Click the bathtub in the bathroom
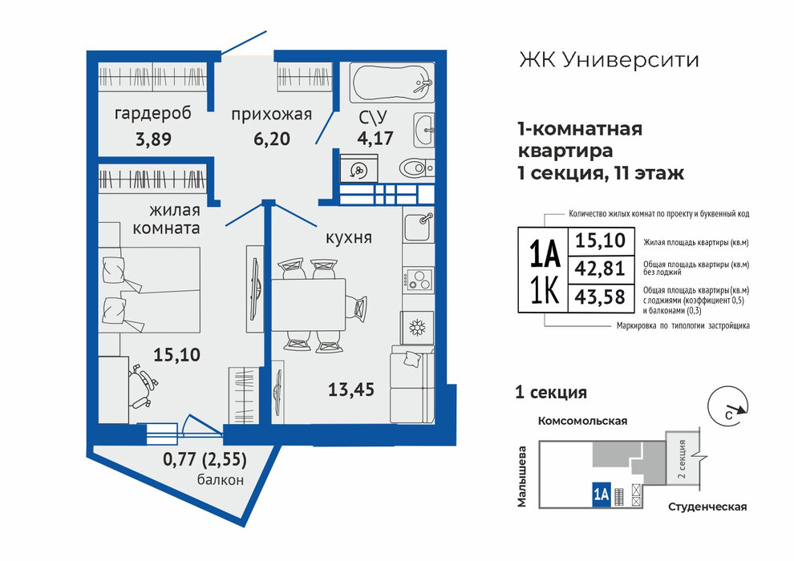point(392,83)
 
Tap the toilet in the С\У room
point(416,167)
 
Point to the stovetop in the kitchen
point(419,279)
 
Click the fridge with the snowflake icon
point(417,328)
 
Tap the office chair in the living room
point(141,386)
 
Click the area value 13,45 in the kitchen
point(351,389)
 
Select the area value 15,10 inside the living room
point(176,354)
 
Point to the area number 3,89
point(153,139)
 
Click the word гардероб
point(153,113)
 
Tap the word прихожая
point(271,115)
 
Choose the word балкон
point(221,479)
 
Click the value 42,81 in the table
point(600,268)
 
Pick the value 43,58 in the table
point(600,297)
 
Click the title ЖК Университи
point(609,60)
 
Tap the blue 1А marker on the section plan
point(601,494)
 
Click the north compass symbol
point(728,408)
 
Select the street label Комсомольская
point(582,421)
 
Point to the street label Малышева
point(522,476)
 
